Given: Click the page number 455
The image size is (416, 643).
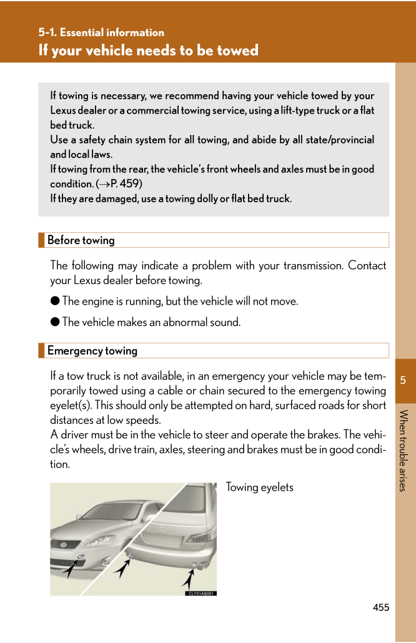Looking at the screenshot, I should pyautogui.click(x=381, y=607).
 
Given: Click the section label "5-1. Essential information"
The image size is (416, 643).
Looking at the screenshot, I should pyautogui.click(x=101, y=32).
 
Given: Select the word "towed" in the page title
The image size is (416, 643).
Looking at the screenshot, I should pyautogui.click(x=235, y=50).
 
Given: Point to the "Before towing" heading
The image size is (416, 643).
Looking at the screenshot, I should pyautogui.click(x=81, y=240).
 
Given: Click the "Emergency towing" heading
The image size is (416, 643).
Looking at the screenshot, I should pyautogui.click(x=92, y=351).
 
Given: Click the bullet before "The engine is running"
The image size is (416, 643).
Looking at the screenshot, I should pyautogui.click(x=55, y=301).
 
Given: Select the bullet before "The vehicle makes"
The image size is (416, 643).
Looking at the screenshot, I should pyautogui.click(x=55, y=322).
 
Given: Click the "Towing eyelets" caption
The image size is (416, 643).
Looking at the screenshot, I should pyautogui.click(x=259, y=487).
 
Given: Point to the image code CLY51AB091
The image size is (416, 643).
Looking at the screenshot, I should pyautogui.click(x=201, y=593).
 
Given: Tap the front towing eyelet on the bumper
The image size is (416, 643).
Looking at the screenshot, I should pyautogui.click(x=82, y=557).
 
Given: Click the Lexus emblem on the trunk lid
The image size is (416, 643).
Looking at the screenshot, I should pyautogui.click(x=164, y=528).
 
